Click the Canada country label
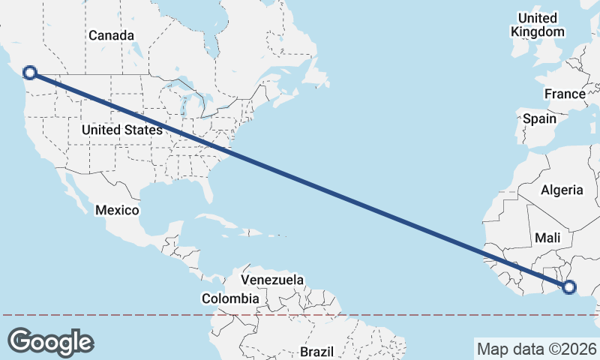pyautogui.click(x=111, y=35)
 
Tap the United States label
pyautogui.click(x=122, y=130)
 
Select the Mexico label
pyautogui.click(x=117, y=210)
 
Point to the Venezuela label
pyautogui.click(x=272, y=280)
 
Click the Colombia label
pyautogui.click(x=230, y=298)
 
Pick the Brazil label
pyautogui.click(x=316, y=351)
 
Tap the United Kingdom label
pyautogui.click(x=537, y=25)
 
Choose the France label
pyautogui.click(x=565, y=94)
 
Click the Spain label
pyautogui.click(x=540, y=118)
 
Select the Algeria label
pyautogui.click(x=562, y=189)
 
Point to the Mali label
pyautogui.click(x=547, y=238)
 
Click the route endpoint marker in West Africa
pyautogui.click(x=568, y=286)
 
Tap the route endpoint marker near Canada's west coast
pyautogui.click(x=30, y=73)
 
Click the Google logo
pyautogui.click(x=51, y=341)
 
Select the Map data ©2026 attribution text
pyautogui.click(x=536, y=349)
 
